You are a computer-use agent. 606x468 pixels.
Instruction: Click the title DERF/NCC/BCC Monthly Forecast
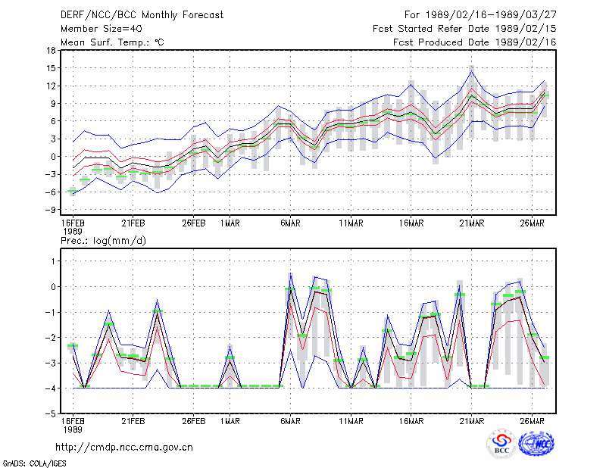point(142,15)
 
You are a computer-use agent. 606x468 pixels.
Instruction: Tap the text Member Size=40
point(102,29)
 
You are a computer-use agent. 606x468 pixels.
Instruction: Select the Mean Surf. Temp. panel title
point(112,42)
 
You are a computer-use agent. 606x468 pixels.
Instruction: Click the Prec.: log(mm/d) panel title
point(103,241)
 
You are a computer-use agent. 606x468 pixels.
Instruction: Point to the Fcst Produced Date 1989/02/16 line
point(475,42)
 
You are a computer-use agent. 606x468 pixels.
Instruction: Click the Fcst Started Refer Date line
point(464,29)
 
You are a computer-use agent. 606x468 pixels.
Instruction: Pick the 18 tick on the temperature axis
point(51,50)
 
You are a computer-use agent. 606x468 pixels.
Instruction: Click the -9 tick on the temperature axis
point(50,210)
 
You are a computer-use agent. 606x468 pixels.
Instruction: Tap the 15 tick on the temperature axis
point(51,68)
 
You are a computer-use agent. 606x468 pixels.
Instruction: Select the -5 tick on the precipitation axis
point(50,413)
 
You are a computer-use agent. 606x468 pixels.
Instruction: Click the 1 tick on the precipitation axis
point(53,261)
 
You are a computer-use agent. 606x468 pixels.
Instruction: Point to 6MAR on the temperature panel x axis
point(290,223)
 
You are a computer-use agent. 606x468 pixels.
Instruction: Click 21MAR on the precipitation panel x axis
point(471,421)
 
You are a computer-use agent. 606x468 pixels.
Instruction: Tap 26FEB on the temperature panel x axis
point(194,223)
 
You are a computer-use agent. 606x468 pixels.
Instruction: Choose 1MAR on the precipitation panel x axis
point(230,421)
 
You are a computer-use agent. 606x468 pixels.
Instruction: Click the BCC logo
point(501,444)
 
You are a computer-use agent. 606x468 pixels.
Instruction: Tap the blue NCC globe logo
point(536,444)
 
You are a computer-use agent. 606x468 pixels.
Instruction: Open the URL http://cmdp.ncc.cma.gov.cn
point(124,448)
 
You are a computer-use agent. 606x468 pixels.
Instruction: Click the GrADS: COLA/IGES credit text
point(34,463)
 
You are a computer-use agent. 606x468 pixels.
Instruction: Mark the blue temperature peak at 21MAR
point(471,71)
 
